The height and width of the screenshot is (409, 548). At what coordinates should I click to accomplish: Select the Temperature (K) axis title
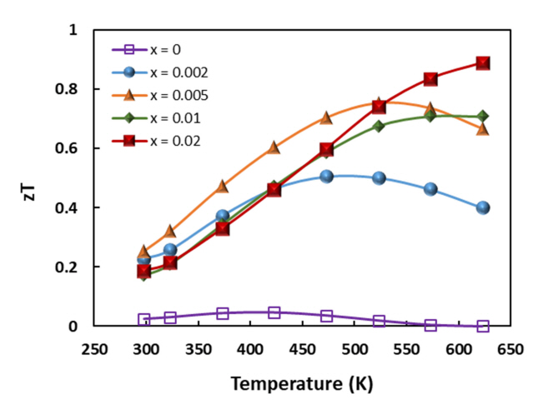click(302, 384)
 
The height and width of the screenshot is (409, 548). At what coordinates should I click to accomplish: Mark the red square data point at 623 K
click(482, 63)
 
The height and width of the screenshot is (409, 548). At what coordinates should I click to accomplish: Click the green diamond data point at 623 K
click(482, 117)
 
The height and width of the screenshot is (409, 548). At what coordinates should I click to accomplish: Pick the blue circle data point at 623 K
click(482, 207)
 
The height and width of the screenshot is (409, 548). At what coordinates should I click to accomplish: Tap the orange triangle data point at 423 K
click(274, 147)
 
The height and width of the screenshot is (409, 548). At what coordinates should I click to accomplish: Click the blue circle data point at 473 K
click(326, 177)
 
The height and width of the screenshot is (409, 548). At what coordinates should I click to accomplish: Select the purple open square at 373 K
click(223, 313)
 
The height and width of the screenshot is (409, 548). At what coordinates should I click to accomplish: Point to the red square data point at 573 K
click(430, 79)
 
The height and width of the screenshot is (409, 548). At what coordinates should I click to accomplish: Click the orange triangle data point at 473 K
click(326, 118)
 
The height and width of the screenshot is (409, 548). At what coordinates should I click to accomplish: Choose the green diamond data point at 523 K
click(379, 126)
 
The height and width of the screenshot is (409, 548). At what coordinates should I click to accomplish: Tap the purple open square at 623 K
click(482, 326)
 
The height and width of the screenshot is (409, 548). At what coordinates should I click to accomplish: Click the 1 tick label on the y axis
click(73, 30)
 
